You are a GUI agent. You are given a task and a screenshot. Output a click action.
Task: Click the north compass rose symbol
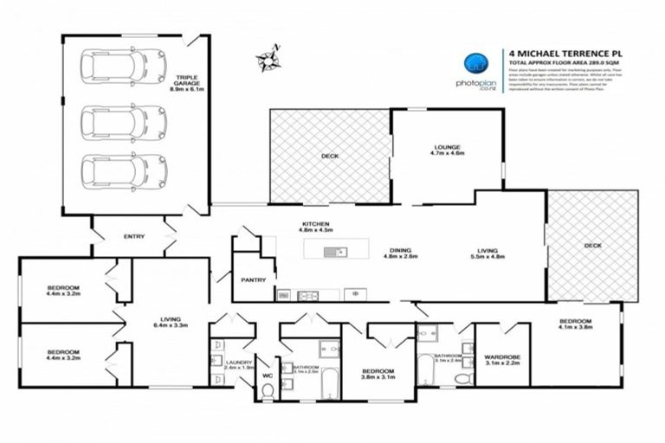coord(268,58)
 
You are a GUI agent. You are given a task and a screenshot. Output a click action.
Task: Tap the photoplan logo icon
coord(475,61)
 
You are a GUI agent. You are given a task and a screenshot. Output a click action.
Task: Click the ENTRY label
coord(135,236)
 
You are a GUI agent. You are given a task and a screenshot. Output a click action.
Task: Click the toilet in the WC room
coord(267,392)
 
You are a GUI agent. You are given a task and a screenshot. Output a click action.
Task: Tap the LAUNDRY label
coord(237,363)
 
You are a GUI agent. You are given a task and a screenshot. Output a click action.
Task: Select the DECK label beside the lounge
coord(329,156)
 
